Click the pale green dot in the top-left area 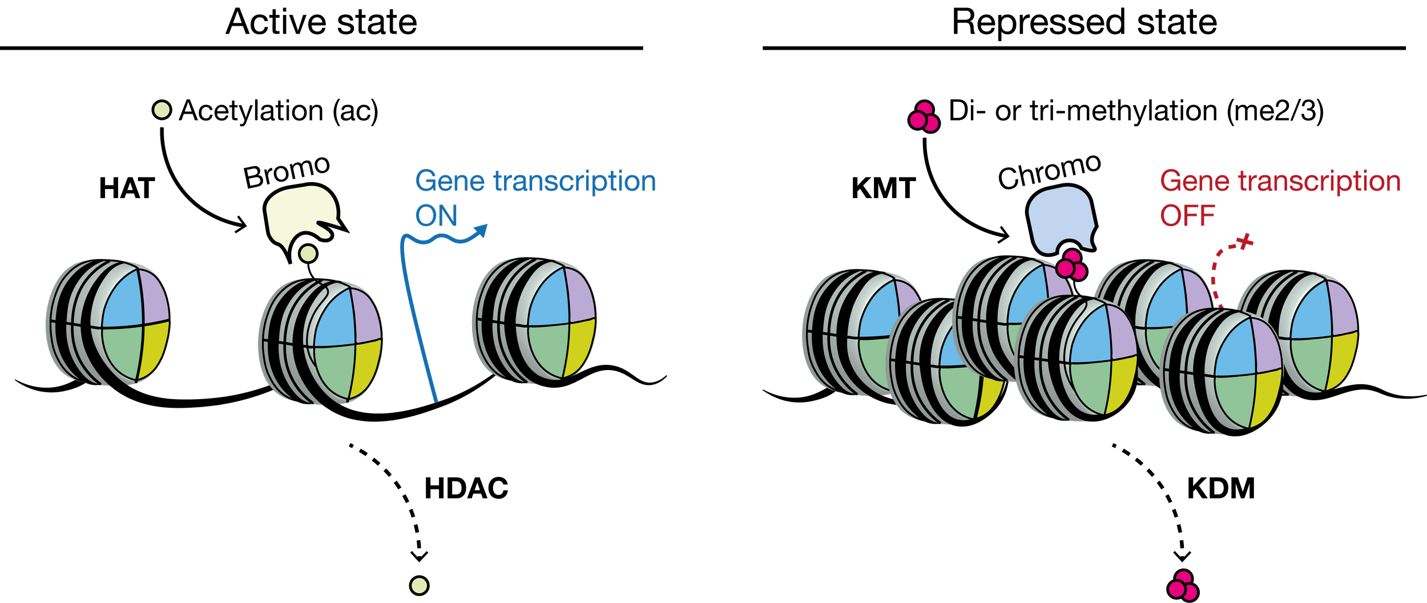click(x=162, y=110)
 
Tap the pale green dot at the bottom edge click(x=420, y=586)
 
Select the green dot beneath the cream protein click(x=308, y=254)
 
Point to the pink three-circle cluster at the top click(x=924, y=117)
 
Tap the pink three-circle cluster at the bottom click(x=1182, y=586)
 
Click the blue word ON click(x=437, y=216)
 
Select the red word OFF click(x=1187, y=216)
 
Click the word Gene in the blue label click(x=450, y=182)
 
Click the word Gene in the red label click(x=1194, y=182)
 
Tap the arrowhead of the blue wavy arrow click(x=482, y=230)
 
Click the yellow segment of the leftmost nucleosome click(x=154, y=349)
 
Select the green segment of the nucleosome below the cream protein click(x=334, y=371)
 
